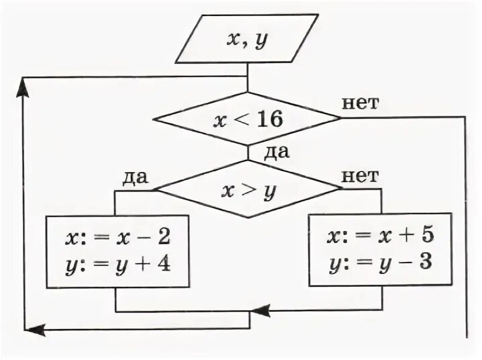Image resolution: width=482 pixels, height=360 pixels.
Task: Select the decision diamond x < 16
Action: coord(248,119)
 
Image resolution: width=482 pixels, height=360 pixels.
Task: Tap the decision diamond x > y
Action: coord(248,189)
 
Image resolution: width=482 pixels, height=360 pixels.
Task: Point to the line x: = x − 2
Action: coord(117,238)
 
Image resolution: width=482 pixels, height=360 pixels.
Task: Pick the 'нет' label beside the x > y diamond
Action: coord(360,176)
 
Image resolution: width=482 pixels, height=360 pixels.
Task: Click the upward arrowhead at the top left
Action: coord(25,84)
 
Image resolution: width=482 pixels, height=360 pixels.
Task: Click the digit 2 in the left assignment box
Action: coord(165,238)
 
